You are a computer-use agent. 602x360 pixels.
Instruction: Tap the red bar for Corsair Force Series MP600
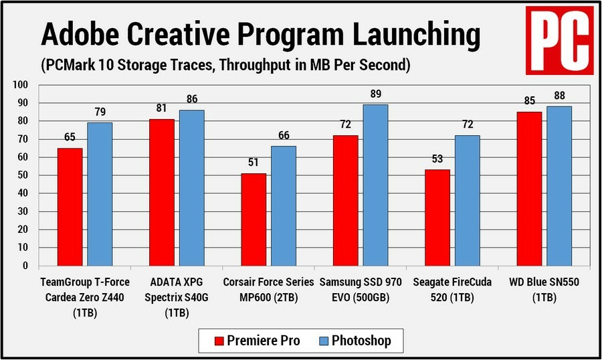coord(254,219)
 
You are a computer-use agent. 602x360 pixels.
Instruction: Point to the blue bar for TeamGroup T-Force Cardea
coord(100,194)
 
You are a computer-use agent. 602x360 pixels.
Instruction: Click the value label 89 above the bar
coord(375,95)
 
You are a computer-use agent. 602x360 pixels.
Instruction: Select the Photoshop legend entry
coord(355,341)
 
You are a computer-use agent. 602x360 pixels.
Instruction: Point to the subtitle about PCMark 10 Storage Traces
coord(225,66)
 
